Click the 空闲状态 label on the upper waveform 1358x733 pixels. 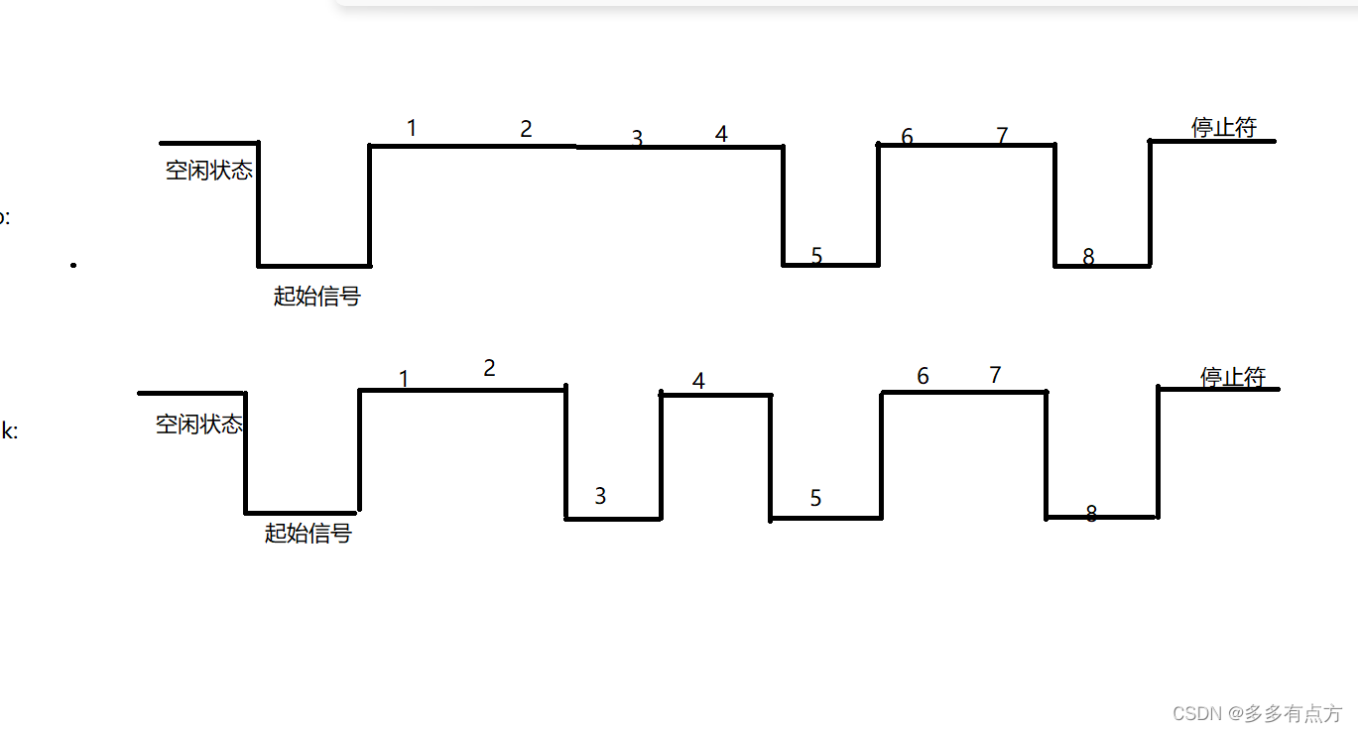[x=208, y=171]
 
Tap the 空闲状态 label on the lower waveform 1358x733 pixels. [x=198, y=425]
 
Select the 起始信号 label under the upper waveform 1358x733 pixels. [x=316, y=296]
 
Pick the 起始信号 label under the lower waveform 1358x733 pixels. [x=308, y=534]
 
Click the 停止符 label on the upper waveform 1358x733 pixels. [x=1223, y=127]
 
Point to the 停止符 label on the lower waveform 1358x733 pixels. [x=1232, y=377]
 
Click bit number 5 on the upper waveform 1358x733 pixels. [x=816, y=256]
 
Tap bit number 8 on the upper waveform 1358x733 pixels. [x=1088, y=257]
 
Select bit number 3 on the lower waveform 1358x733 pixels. [x=600, y=496]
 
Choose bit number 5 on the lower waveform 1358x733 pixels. [x=815, y=498]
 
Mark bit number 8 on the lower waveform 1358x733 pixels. [x=1091, y=514]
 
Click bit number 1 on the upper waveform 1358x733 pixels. [x=412, y=128]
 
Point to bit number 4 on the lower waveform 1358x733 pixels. [x=698, y=381]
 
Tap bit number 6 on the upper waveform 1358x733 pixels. [x=907, y=137]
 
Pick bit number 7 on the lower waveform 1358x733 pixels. [x=995, y=375]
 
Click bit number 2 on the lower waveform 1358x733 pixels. [x=489, y=368]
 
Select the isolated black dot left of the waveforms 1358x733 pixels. [x=73, y=265]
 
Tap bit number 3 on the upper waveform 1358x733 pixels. [x=637, y=139]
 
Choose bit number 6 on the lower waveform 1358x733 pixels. [x=923, y=376]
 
